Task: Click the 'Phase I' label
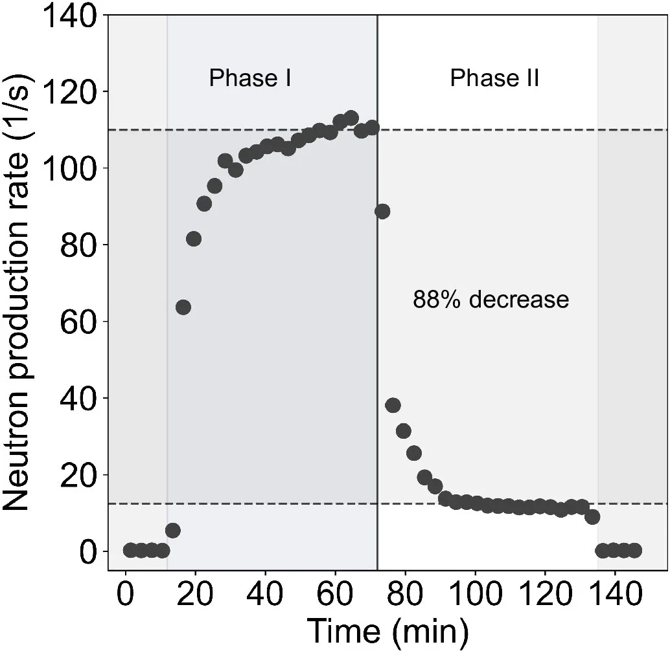pyautogui.click(x=249, y=78)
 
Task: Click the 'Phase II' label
pyautogui.click(x=494, y=78)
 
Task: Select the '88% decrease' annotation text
pyautogui.click(x=491, y=300)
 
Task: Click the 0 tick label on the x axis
pyautogui.click(x=126, y=591)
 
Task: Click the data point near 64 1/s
pyautogui.click(x=183, y=307)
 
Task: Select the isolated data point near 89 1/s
pyautogui.click(x=382, y=211)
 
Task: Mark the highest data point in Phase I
pyautogui.click(x=351, y=118)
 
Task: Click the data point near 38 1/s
pyautogui.click(x=393, y=405)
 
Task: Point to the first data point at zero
pyautogui.click(x=130, y=550)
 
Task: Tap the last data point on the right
pyautogui.click(x=634, y=550)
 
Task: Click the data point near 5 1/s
pyautogui.click(x=173, y=531)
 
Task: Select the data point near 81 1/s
pyautogui.click(x=194, y=239)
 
